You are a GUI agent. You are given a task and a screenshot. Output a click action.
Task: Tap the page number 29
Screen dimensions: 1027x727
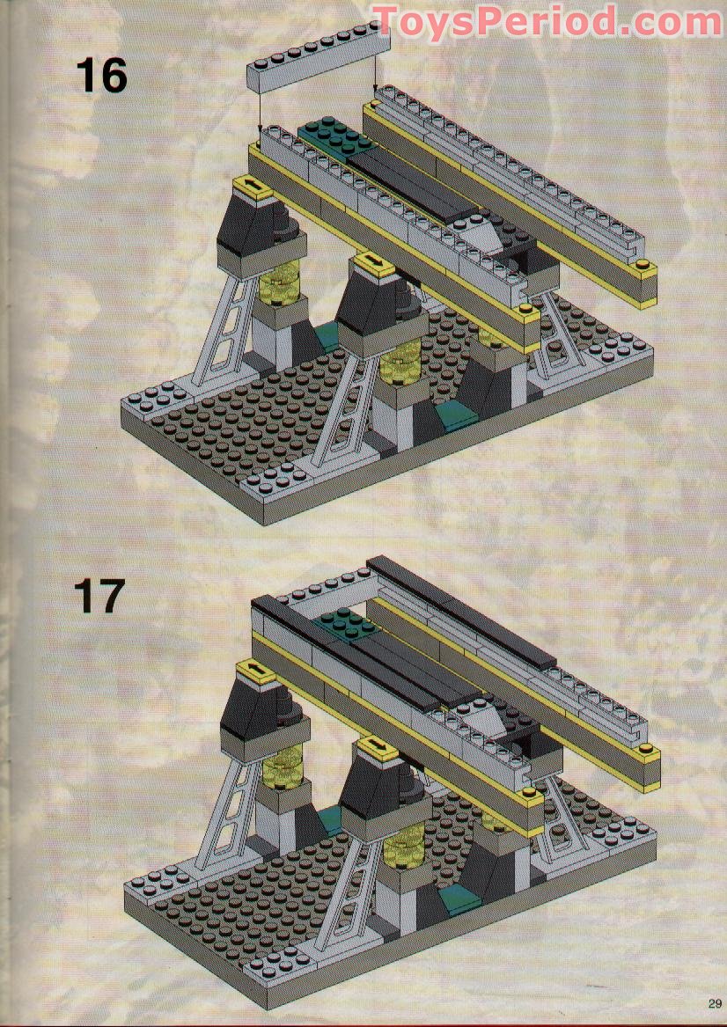coord(714,1003)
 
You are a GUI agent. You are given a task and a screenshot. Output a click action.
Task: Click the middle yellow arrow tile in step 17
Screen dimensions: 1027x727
coord(377,746)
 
